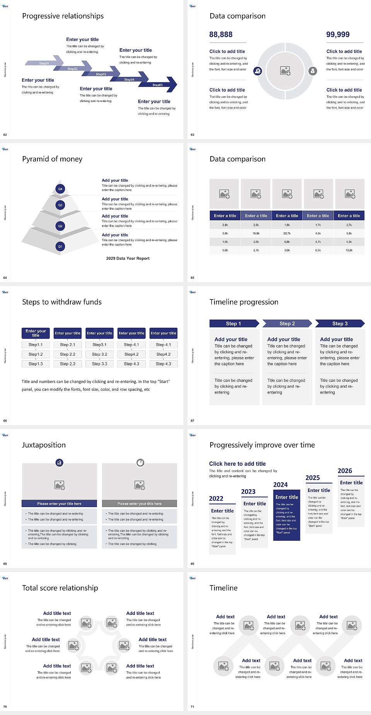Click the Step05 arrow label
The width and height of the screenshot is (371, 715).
click(x=157, y=85)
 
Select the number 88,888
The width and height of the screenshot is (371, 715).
click(x=221, y=34)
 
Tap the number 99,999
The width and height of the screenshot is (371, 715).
click(x=338, y=34)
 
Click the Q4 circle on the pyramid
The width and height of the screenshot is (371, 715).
click(x=60, y=189)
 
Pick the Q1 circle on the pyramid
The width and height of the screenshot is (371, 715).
click(x=60, y=246)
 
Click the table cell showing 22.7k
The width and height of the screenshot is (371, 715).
click(x=287, y=233)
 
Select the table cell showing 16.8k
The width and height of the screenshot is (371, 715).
click(x=256, y=233)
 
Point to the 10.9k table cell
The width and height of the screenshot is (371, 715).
click(x=349, y=250)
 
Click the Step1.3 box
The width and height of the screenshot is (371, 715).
click(x=36, y=364)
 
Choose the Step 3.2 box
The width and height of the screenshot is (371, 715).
click(x=99, y=354)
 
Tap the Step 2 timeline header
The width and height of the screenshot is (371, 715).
click(x=287, y=323)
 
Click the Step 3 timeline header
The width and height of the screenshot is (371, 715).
click(x=340, y=323)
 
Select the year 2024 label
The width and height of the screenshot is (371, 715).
click(x=280, y=485)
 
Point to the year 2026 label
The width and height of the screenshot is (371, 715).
click(x=345, y=471)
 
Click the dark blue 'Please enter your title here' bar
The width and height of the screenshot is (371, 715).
click(x=59, y=504)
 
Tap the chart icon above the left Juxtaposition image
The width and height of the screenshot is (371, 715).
click(x=59, y=462)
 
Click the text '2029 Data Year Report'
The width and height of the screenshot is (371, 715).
click(x=128, y=258)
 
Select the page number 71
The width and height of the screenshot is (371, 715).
click(x=192, y=706)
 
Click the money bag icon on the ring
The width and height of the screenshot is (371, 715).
click(x=313, y=71)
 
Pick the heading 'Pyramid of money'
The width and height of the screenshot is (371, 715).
click(x=52, y=159)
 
